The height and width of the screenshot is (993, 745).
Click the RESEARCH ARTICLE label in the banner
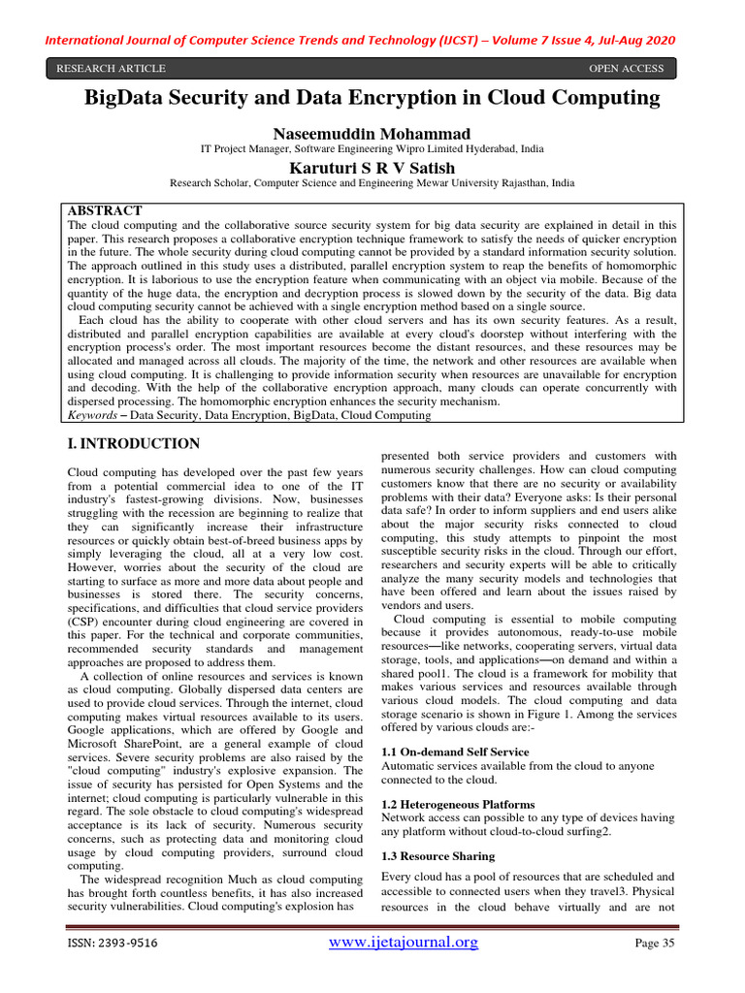coord(112,69)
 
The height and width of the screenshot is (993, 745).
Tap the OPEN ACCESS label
coord(627,69)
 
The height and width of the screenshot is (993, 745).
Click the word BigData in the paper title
coord(132,98)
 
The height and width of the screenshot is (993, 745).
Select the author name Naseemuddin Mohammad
coord(372,132)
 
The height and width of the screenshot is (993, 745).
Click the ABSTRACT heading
coord(104,210)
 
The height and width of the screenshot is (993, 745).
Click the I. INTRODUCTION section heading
coord(133,444)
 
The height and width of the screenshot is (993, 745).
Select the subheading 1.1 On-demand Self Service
coord(455,752)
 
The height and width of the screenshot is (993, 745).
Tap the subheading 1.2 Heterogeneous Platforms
coord(457,804)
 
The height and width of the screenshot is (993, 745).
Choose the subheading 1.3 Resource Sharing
coord(437,856)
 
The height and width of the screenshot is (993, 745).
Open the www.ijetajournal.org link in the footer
coord(405,943)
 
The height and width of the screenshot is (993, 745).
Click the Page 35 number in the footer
coord(654,944)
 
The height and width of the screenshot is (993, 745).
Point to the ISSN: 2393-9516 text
coord(113,944)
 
